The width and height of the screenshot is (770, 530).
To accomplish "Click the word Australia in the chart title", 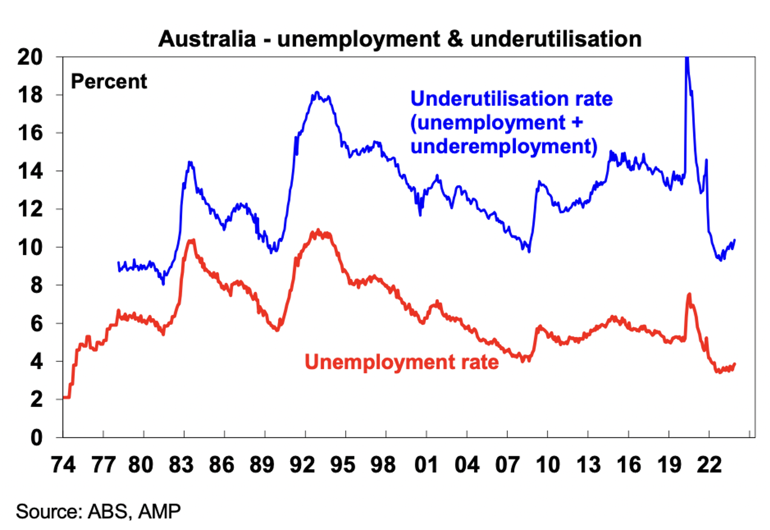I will pyautogui.click(x=207, y=39).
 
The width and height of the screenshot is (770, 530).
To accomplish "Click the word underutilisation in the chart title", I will pyautogui.click(x=556, y=39).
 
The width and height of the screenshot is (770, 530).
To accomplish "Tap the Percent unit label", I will pyautogui.click(x=109, y=81).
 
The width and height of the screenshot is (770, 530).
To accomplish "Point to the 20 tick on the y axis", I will pyautogui.click(x=30, y=57).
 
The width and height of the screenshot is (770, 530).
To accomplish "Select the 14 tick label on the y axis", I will pyautogui.click(x=30, y=171).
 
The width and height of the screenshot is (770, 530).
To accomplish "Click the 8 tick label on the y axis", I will pyautogui.click(x=36, y=285).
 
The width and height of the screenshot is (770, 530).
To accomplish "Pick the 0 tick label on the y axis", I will pyautogui.click(x=36, y=438).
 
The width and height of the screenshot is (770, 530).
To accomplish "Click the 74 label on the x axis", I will pyautogui.click(x=63, y=464).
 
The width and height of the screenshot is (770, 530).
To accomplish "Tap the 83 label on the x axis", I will pyautogui.click(x=181, y=464).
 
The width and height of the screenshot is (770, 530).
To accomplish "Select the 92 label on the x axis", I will pyautogui.click(x=302, y=464).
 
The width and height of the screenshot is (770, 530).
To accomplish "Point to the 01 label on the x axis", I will pyautogui.click(x=426, y=464).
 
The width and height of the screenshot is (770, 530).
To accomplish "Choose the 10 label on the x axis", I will pyautogui.click(x=548, y=464).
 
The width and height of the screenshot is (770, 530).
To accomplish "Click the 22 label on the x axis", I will pyautogui.click(x=709, y=464).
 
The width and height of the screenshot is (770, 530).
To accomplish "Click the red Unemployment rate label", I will pyautogui.click(x=401, y=362).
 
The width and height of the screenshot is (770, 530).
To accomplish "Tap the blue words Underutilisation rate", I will pyautogui.click(x=511, y=99).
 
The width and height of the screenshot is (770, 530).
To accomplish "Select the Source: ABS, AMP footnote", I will pyautogui.click(x=98, y=511).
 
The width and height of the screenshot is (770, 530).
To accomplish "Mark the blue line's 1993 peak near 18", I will pyautogui.click(x=317, y=93).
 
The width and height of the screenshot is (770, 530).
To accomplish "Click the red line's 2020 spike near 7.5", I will pyautogui.click(x=689, y=294).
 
